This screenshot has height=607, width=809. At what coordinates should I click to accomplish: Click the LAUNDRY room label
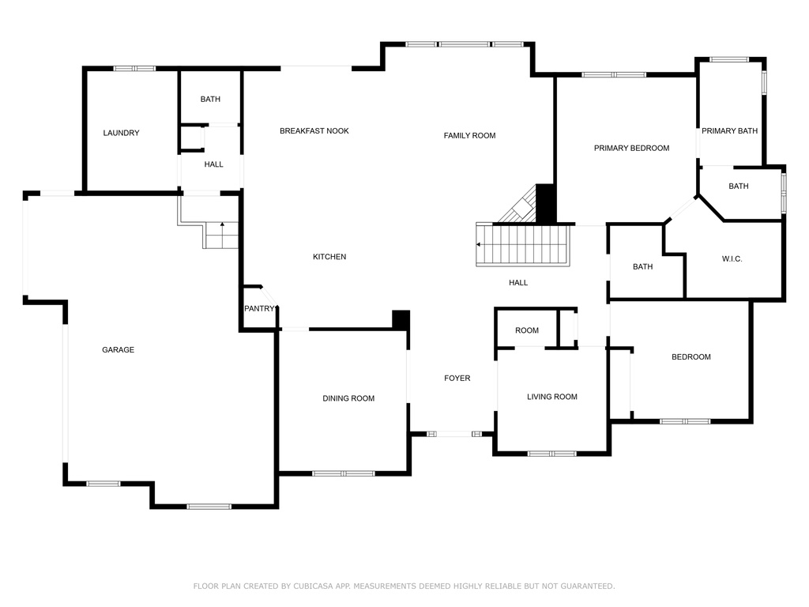(x=121, y=133)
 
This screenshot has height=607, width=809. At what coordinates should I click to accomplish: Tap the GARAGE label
(x=119, y=349)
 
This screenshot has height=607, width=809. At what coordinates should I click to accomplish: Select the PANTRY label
(x=259, y=308)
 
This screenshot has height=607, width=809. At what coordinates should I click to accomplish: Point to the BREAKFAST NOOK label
(x=314, y=130)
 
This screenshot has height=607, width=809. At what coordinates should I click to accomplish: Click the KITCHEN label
(x=329, y=257)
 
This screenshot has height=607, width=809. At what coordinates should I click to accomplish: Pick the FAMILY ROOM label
(x=469, y=135)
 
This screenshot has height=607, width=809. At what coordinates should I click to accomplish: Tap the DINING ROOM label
(x=348, y=398)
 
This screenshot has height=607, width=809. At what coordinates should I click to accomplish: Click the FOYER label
(x=457, y=378)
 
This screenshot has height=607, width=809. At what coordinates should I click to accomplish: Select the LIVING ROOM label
(x=552, y=397)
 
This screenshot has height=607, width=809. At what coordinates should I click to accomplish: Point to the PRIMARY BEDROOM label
(x=631, y=148)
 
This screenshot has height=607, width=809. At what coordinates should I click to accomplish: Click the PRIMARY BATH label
(x=729, y=130)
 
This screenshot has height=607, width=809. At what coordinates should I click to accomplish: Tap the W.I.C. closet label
(x=732, y=258)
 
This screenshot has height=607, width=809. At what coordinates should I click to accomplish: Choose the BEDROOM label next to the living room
(x=690, y=356)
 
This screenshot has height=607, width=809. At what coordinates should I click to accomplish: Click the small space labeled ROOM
(x=527, y=330)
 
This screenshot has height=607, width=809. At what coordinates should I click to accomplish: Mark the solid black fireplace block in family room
(x=545, y=203)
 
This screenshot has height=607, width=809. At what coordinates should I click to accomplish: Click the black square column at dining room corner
(x=401, y=319)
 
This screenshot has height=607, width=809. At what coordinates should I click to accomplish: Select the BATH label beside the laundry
(x=210, y=99)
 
